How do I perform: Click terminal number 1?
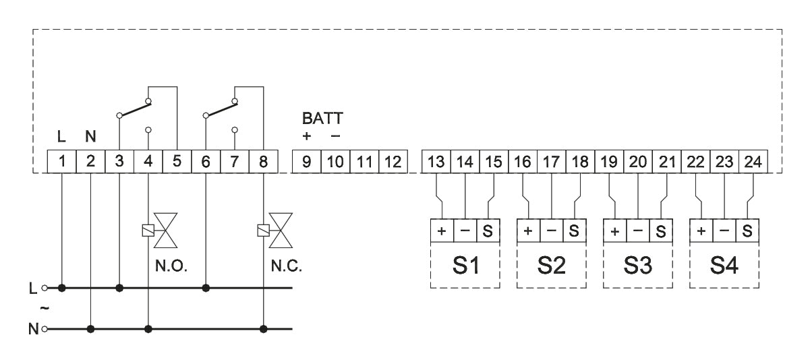click(x=61, y=162)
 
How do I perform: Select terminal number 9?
click(x=306, y=162)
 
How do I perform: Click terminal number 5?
click(x=177, y=162)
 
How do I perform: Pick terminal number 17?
click(x=552, y=162)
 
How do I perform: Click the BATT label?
click(x=322, y=119)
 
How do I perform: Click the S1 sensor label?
click(x=465, y=264)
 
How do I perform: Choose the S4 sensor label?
click(x=724, y=264)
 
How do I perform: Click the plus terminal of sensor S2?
click(x=528, y=231)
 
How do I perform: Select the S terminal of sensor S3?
click(x=660, y=231)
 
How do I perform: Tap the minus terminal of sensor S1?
click(x=465, y=231)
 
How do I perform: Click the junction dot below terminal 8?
click(x=263, y=330)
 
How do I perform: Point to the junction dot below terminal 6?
click(x=206, y=289)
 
